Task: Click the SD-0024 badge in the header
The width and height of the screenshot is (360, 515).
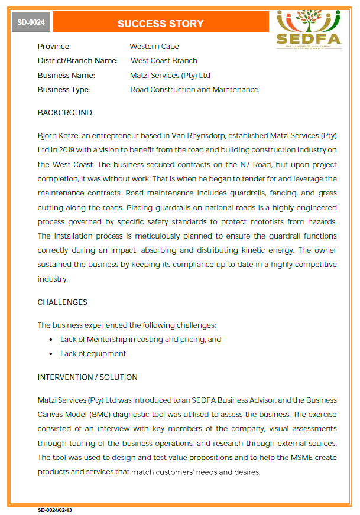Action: point(31,23)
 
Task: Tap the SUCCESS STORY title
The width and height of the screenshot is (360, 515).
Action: point(160,24)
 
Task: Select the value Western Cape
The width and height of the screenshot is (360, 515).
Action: point(154,47)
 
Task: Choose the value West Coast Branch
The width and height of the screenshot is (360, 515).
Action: point(164,61)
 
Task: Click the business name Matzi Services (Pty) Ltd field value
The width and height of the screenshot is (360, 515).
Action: point(170,76)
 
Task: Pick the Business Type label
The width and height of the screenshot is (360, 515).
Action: point(64,90)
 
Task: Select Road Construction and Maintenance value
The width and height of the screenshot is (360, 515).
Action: point(194,90)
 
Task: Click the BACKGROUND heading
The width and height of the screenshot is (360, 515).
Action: point(65,113)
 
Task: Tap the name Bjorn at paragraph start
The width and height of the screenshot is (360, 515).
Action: point(48,136)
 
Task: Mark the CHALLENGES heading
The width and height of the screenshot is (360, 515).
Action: point(63,302)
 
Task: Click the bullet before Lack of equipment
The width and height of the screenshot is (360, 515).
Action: point(51,354)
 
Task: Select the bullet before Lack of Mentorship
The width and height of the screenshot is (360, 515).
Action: point(51,340)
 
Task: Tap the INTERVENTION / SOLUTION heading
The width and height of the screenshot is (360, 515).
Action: point(87,377)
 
